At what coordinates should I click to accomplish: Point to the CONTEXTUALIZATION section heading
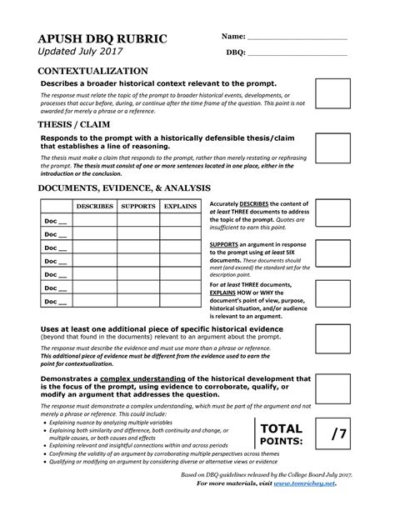click(92, 72)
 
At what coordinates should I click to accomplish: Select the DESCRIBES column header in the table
click(94, 205)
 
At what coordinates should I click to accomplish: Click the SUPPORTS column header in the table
click(137, 205)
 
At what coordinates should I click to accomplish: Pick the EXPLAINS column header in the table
click(180, 205)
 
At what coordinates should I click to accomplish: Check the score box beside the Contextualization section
click(332, 94)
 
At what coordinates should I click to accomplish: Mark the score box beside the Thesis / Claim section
click(332, 146)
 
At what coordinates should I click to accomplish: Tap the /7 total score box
click(339, 432)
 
